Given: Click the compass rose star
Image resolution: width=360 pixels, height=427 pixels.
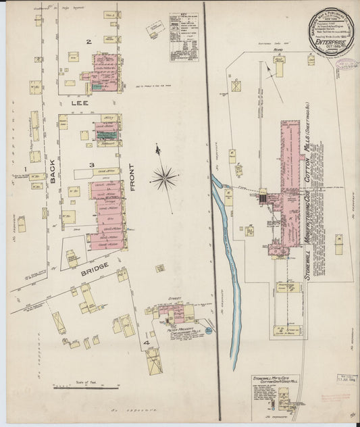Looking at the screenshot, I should pyautogui.click(x=163, y=178).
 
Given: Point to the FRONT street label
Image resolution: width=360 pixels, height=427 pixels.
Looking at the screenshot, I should pyautogui.click(x=132, y=177).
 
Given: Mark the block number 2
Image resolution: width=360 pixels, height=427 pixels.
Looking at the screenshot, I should pyautogui.click(x=88, y=42).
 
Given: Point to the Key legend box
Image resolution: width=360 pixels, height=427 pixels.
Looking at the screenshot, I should pyautogui.click(x=184, y=36).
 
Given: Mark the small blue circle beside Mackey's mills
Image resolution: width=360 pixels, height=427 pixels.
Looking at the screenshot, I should pyautogui.click(x=209, y=330).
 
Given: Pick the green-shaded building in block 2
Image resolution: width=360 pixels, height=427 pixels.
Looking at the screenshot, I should pyautogui.click(x=100, y=86).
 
